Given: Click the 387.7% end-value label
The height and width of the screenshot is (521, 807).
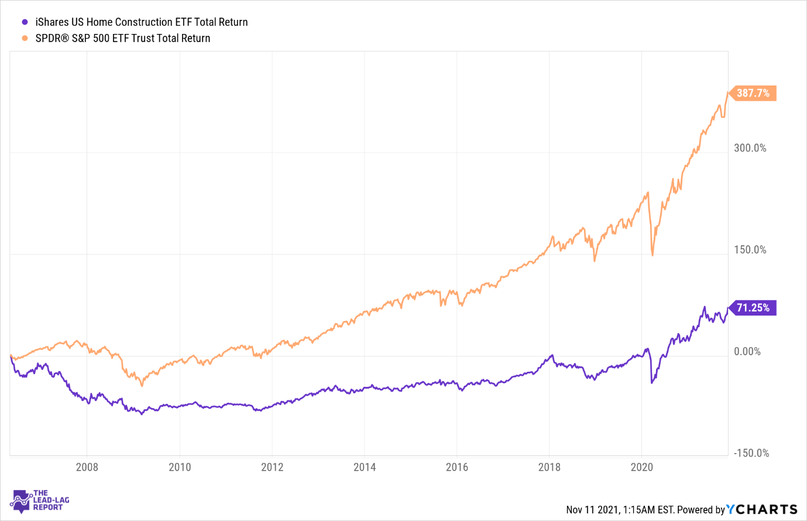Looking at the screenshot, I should click(753, 93).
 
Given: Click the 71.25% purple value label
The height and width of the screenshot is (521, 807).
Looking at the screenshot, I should click(753, 308).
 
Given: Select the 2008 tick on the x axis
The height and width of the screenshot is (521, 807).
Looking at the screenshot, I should click(87, 467).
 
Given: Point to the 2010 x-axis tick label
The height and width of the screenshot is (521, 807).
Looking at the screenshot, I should click(180, 467).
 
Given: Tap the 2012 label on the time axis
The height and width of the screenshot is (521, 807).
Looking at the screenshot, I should click(272, 467).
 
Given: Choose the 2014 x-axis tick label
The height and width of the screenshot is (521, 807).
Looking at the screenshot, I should click(365, 467).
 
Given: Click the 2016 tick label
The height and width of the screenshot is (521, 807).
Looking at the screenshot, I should click(457, 467).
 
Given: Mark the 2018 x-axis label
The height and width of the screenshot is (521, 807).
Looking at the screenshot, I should click(550, 467).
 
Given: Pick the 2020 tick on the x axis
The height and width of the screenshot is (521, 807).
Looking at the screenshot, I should click(642, 467).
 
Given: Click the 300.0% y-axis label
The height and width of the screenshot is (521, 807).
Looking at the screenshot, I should click(750, 148).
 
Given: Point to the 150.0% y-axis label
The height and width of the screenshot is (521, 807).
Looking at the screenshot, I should click(750, 250).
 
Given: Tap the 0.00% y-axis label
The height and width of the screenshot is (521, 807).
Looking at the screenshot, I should click(747, 352).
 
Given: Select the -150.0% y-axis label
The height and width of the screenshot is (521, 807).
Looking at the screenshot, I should click(751, 453).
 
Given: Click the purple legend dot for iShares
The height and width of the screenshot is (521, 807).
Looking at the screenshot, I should click(25, 22).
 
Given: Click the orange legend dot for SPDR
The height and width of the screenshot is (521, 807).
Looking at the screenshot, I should click(25, 38).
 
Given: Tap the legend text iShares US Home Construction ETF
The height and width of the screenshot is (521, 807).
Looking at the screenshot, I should click(142, 22).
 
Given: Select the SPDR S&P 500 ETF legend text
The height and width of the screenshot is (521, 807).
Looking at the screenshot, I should click(123, 38).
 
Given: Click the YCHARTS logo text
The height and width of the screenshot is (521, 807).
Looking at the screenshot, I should click(762, 510).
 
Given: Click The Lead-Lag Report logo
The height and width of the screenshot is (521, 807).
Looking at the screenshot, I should click(40, 501).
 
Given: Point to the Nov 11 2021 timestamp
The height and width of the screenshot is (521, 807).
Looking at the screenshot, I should click(620, 510).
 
